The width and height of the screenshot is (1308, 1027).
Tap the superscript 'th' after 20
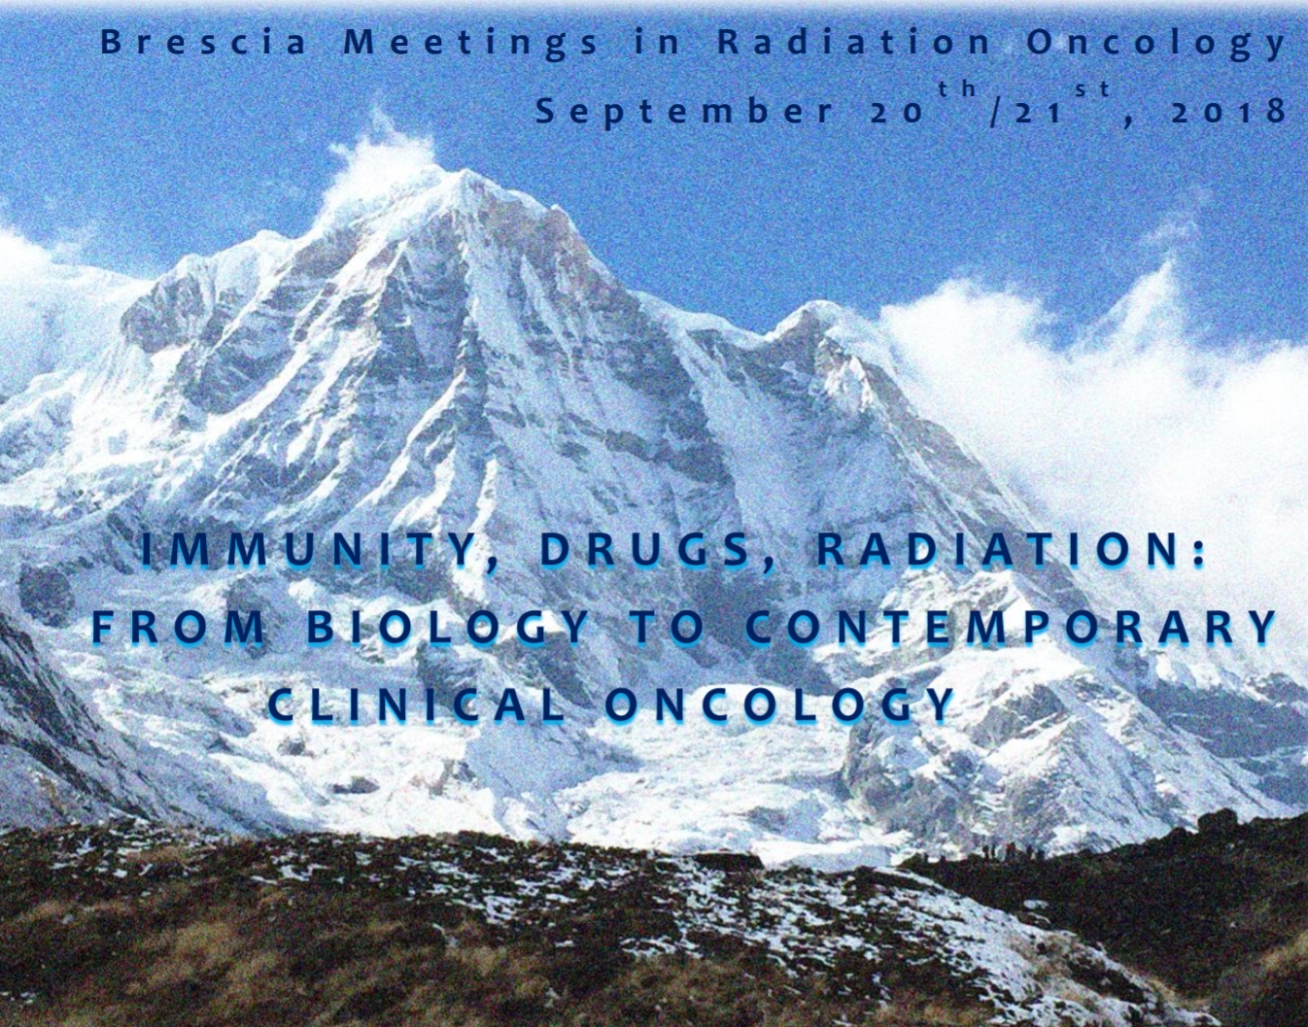[956, 89]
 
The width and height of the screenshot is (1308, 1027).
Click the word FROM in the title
[178, 628]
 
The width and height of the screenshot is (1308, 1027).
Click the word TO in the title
[667, 628]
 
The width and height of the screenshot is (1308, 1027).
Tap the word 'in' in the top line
[658, 44]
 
